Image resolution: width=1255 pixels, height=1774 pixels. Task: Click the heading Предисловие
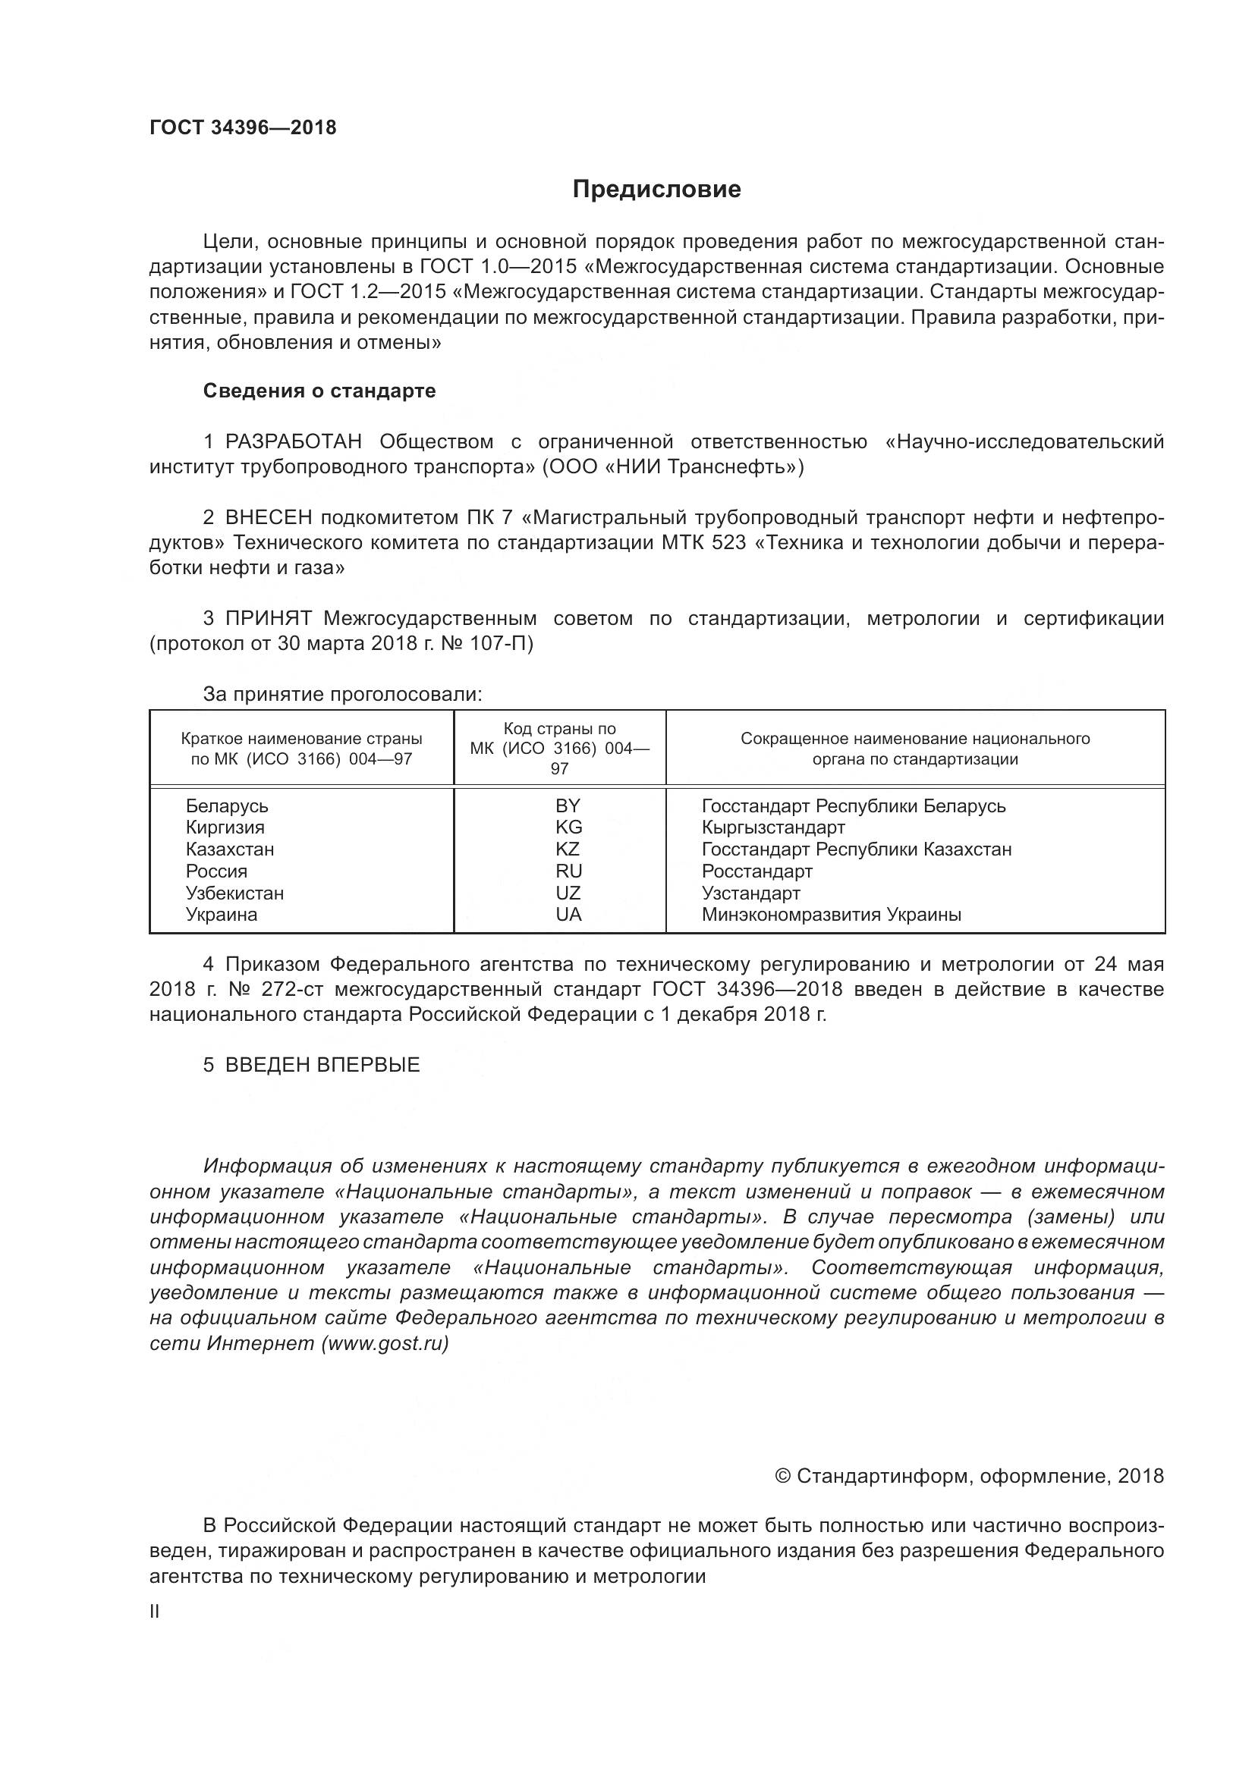pyautogui.click(x=656, y=190)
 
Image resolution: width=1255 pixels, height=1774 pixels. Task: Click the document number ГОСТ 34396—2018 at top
pyautogui.click(x=243, y=128)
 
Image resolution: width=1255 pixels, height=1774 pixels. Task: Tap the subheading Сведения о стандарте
pyautogui.click(x=319, y=391)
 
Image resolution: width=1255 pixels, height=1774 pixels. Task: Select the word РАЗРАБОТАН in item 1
pyautogui.click(x=294, y=442)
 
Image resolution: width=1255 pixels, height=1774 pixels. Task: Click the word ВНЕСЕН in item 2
pyautogui.click(x=268, y=518)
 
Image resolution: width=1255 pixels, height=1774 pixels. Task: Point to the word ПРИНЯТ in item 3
pyautogui.click(x=268, y=618)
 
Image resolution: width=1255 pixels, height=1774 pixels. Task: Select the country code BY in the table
pyautogui.click(x=568, y=806)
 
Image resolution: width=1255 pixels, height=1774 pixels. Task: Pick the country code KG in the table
pyautogui.click(x=568, y=827)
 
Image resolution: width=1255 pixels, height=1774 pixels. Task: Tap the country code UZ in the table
pyautogui.click(x=568, y=893)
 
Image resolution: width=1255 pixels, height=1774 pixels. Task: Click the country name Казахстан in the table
pyautogui.click(x=229, y=849)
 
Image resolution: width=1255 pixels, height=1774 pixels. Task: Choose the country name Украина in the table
pyautogui.click(x=221, y=915)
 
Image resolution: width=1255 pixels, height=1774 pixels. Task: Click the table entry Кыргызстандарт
pyautogui.click(x=772, y=827)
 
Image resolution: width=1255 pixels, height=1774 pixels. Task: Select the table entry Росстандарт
pyautogui.click(x=756, y=871)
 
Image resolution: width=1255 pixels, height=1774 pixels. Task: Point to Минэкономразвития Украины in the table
pyautogui.click(x=831, y=915)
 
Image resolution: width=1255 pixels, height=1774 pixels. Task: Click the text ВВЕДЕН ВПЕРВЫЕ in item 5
pyautogui.click(x=322, y=1065)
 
